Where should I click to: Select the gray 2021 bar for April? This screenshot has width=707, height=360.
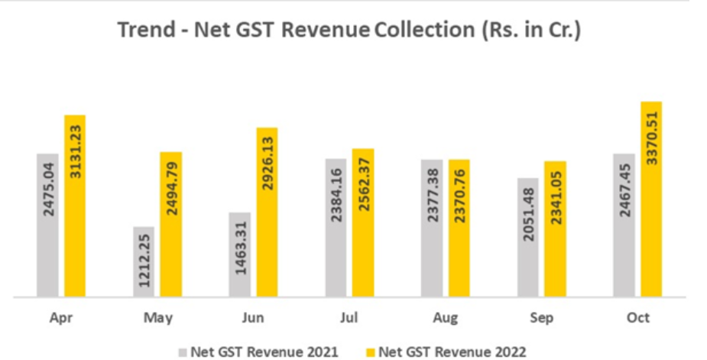click(x=47, y=225)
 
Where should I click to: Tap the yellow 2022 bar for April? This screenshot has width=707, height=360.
click(x=75, y=206)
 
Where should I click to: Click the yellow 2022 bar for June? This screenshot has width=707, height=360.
click(x=268, y=212)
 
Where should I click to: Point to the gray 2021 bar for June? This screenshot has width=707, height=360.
click(x=240, y=254)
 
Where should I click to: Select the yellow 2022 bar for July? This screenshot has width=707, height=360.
click(x=363, y=222)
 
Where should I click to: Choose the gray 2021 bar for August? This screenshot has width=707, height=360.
click(x=432, y=228)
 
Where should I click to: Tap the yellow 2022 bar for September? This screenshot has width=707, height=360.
click(x=556, y=229)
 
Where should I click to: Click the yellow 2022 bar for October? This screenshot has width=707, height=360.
click(x=651, y=199)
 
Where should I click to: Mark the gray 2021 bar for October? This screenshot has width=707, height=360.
click(x=624, y=225)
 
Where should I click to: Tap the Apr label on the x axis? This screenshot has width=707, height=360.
click(x=61, y=317)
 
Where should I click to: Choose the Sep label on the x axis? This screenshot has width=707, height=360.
click(x=542, y=317)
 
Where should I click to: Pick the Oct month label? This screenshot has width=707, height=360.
click(x=637, y=317)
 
